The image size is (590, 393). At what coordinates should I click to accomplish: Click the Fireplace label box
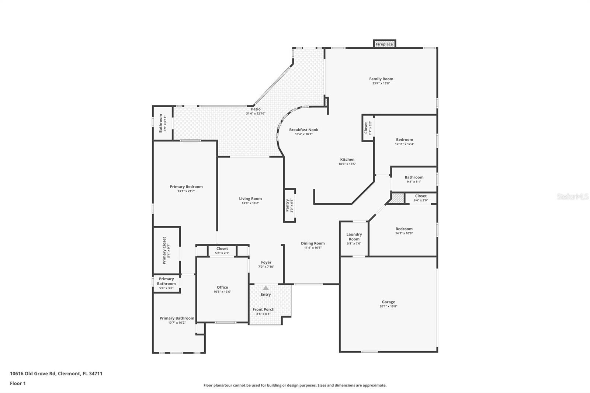point(384,44)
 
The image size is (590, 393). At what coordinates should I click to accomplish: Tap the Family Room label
point(381,79)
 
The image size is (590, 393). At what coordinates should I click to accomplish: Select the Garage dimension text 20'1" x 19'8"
point(388,306)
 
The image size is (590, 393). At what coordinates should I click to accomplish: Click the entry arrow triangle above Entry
point(265,288)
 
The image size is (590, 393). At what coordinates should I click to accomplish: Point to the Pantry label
point(288,205)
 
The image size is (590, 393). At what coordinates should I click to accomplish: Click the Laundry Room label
point(354,237)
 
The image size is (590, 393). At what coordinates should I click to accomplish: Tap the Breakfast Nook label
point(303,130)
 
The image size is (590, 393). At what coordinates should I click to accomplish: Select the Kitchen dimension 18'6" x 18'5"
point(347,164)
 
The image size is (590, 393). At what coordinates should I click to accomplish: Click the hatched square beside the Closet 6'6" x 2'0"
point(398,198)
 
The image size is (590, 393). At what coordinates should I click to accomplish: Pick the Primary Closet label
point(164,251)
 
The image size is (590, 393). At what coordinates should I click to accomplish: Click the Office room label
point(222,287)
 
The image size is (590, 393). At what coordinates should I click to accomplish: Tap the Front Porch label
point(263,310)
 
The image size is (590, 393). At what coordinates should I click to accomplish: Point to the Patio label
point(256,109)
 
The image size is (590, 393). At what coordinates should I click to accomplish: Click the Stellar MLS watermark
point(573,197)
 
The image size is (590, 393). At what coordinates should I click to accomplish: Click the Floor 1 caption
point(18,383)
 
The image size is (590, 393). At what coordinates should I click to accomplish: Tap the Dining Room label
point(313,243)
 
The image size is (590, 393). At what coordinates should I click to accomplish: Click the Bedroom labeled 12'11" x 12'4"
point(405,140)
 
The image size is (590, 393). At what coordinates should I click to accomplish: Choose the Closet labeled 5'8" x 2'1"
point(222,249)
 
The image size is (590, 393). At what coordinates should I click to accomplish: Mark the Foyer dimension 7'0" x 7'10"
point(266,267)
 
